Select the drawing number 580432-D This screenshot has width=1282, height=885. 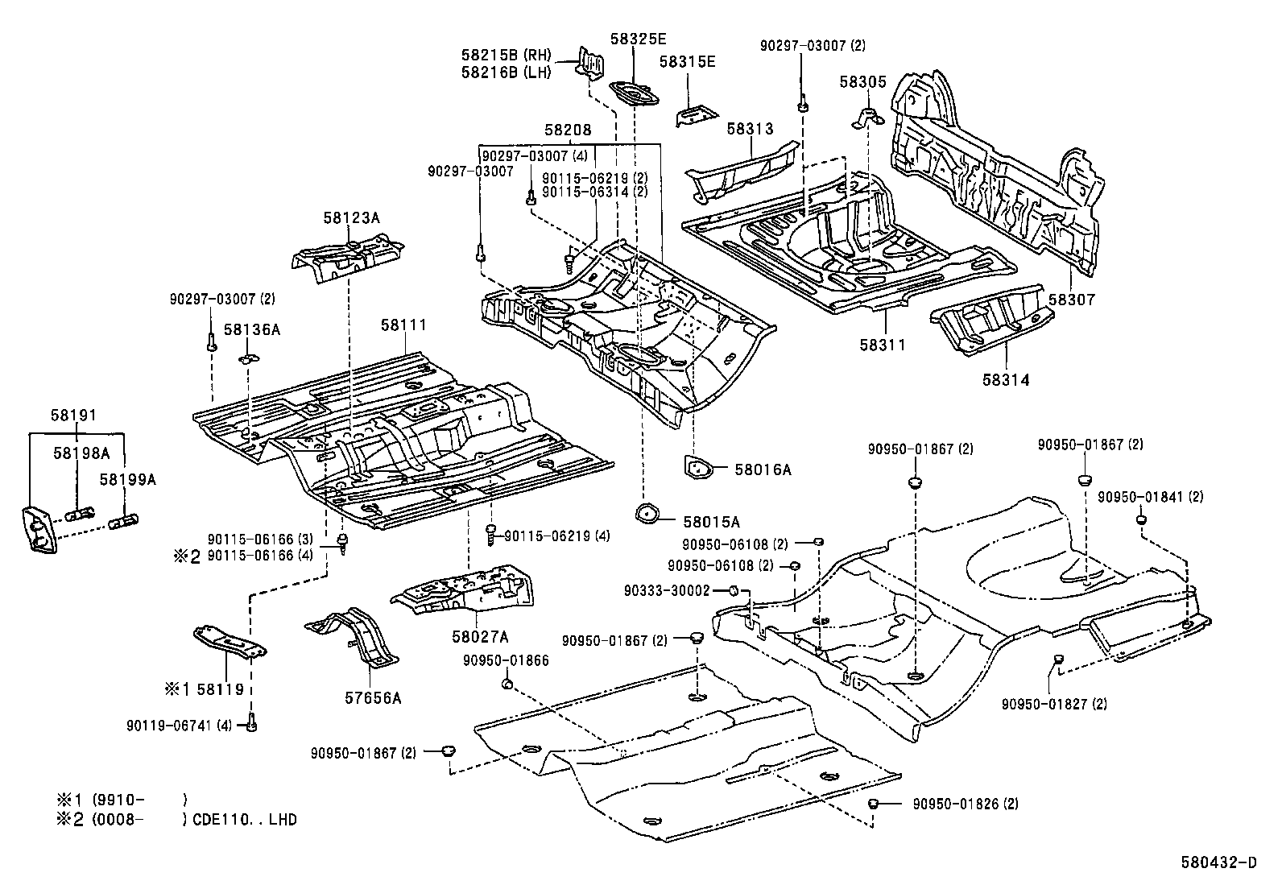pos(1222,863)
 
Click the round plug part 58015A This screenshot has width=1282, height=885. pos(646,513)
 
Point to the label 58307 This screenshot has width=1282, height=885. pos(1071,300)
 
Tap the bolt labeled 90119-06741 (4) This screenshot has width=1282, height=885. pos(252,724)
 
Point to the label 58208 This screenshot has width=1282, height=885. pos(568,130)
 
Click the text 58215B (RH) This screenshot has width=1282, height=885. pos(507,55)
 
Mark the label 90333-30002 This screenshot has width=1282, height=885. pos(667,590)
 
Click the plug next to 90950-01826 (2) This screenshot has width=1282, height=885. pos(875,804)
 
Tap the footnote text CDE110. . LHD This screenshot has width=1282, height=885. pos(245,820)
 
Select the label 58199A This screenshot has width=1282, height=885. pos(127,479)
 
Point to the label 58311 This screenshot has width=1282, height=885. pos(882,345)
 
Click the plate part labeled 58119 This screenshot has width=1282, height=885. pos(230,642)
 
